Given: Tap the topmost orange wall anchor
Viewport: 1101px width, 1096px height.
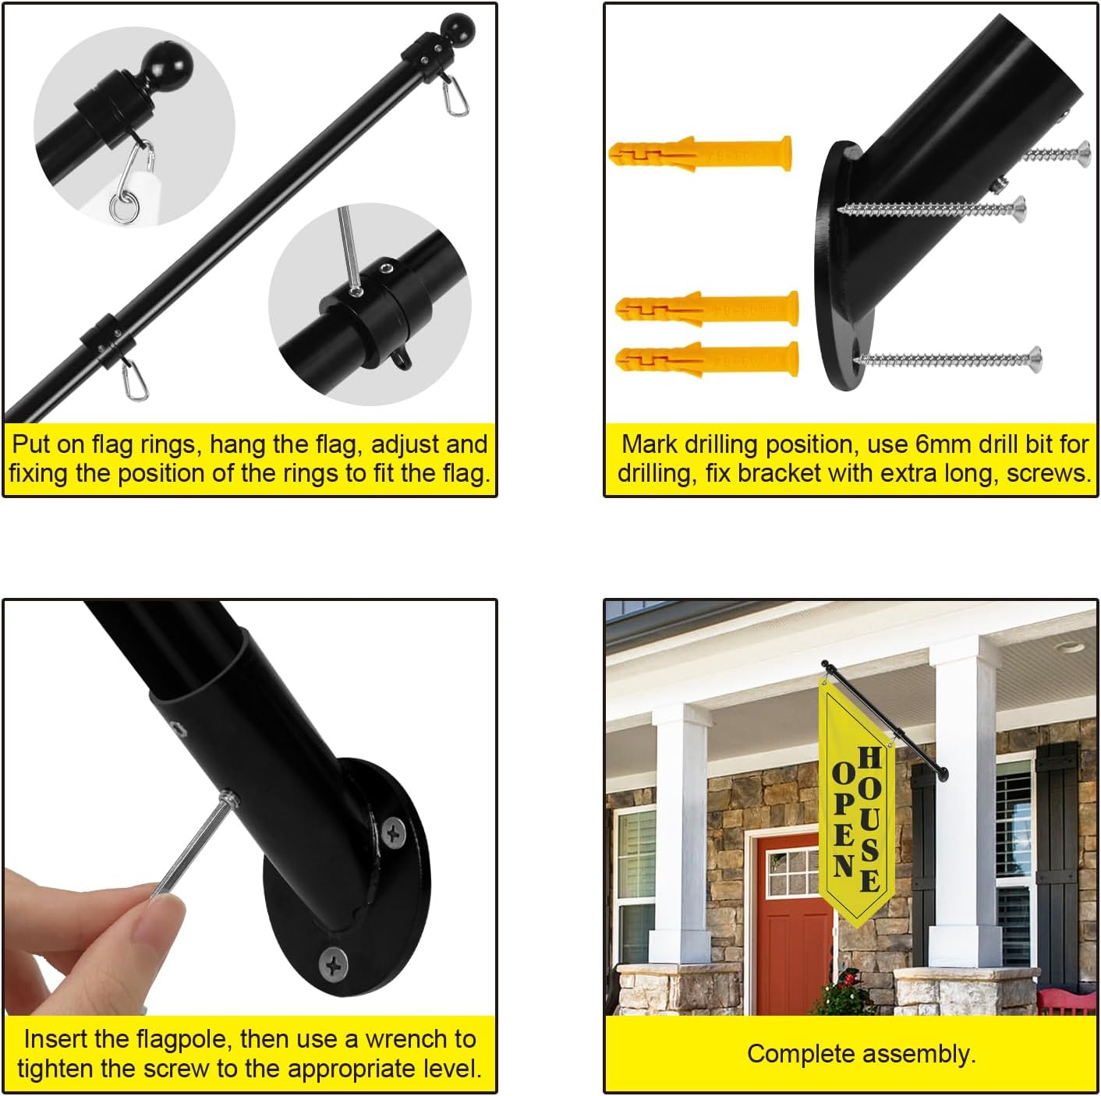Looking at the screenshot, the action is pyautogui.click(x=700, y=154).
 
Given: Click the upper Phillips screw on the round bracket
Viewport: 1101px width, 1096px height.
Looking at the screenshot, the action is pyautogui.click(x=394, y=833).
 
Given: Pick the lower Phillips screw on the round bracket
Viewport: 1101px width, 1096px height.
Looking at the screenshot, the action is pyautogui.click(x=333, y=965).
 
